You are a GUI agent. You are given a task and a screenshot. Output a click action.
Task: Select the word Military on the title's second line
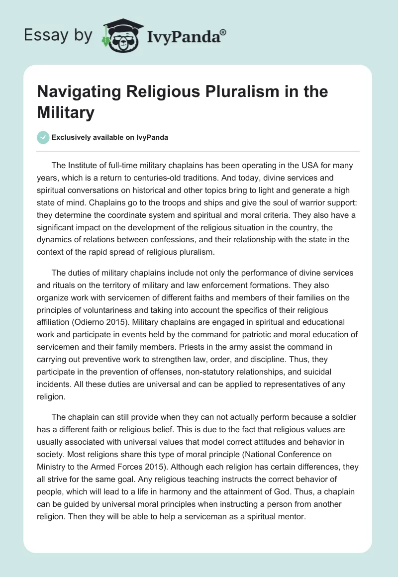(66, 113)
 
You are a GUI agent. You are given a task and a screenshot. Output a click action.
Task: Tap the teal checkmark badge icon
(43, 138)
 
